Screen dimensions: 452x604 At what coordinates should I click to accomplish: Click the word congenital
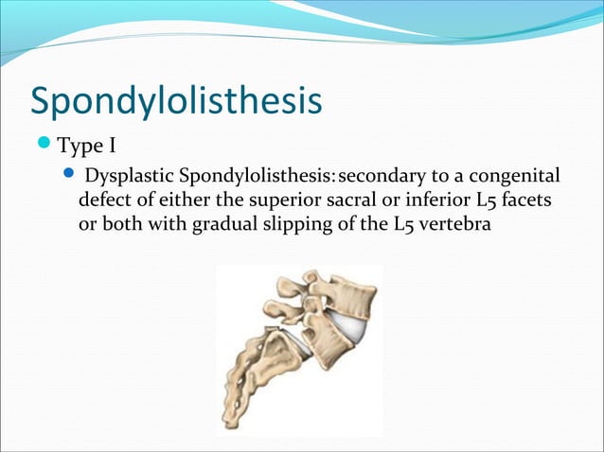click(511, 178)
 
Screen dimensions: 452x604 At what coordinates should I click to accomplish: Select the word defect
click(104, 202)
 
